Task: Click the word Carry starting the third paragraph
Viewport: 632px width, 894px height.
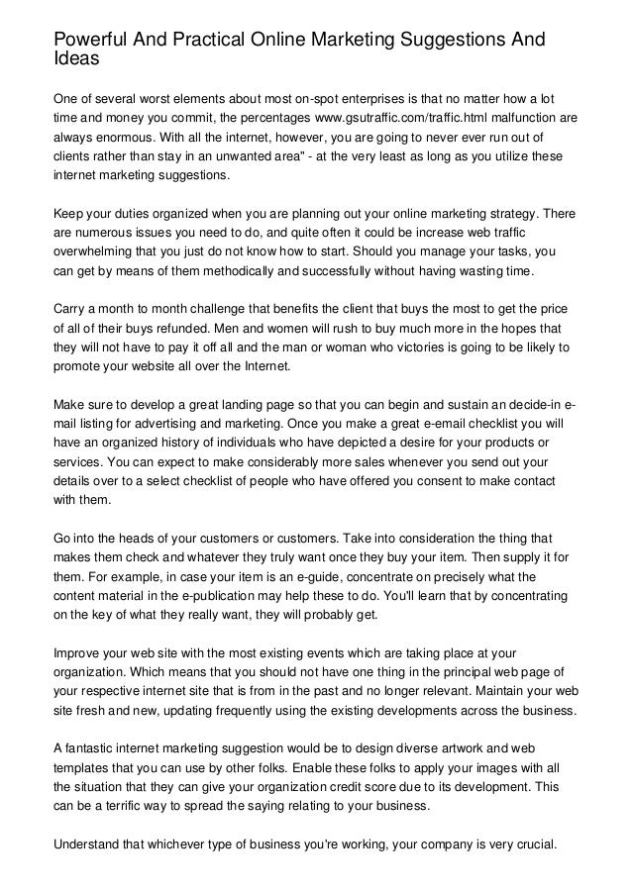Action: click(x=72, y=309)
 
